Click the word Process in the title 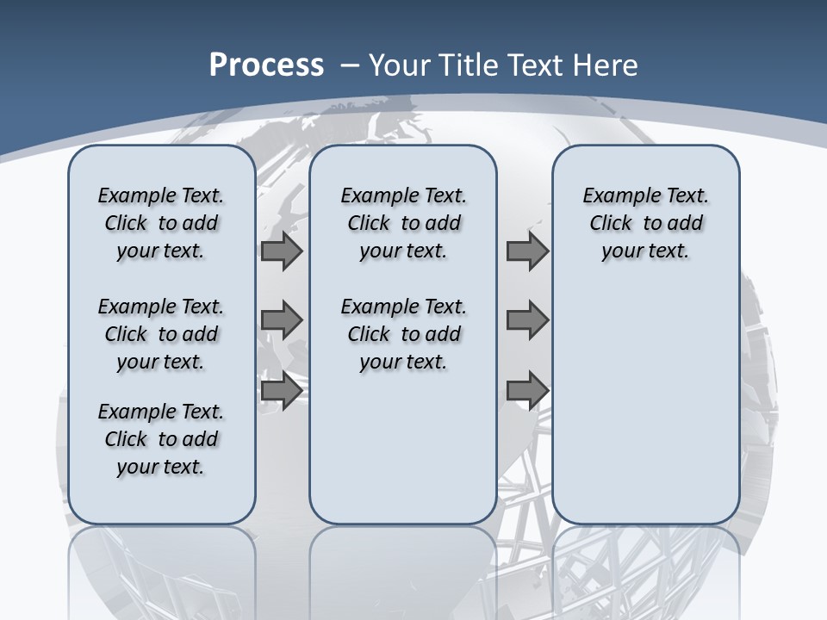pyautogui.click(x=266, y=65)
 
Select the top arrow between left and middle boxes pyautogui.click(x=282, y=251)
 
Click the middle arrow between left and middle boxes pyautogui.click(x=282, y=320)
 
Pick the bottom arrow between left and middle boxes pyautogui.click(x=282, y=390)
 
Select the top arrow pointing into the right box pyautogui.click(x=527, y=251)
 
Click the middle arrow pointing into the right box pyautogui.click(x=527, y=320)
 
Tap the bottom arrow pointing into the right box pyautogui.click(x=527, y=390)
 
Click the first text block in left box pyautogui.click(x=161, y=223)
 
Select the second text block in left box pyautogui.click(x=161, y=334)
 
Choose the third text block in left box pyautogui.click(x=161, y=439)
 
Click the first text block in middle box pyautogui.click(x=404, y=223)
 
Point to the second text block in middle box pyautogui.click(x=404, y=334)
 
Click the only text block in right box pyautogui.click(x=646, y=223)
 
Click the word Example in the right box pyautogui.click(x=615, y=196)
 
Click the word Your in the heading pyautogui.click(x=401, y=65)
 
